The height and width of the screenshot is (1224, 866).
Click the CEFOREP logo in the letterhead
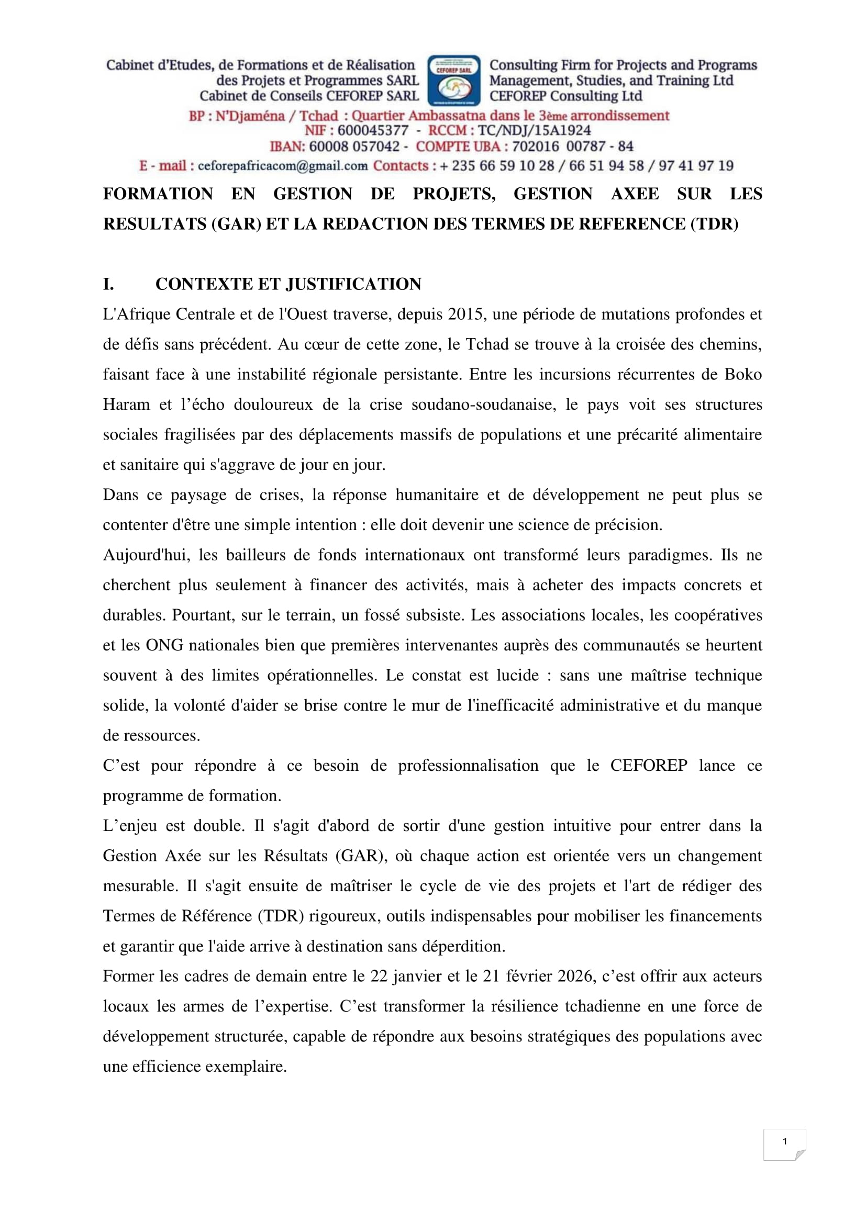coord(454,81)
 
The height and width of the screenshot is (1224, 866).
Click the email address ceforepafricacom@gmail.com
coord(283,166)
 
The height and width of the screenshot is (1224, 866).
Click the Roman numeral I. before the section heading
coord(108,284)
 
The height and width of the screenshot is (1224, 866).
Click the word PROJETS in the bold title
coord(454,194)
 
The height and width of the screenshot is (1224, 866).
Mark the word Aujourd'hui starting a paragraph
coord(146,555)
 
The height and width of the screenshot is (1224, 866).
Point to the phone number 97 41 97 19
coord(696,166)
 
